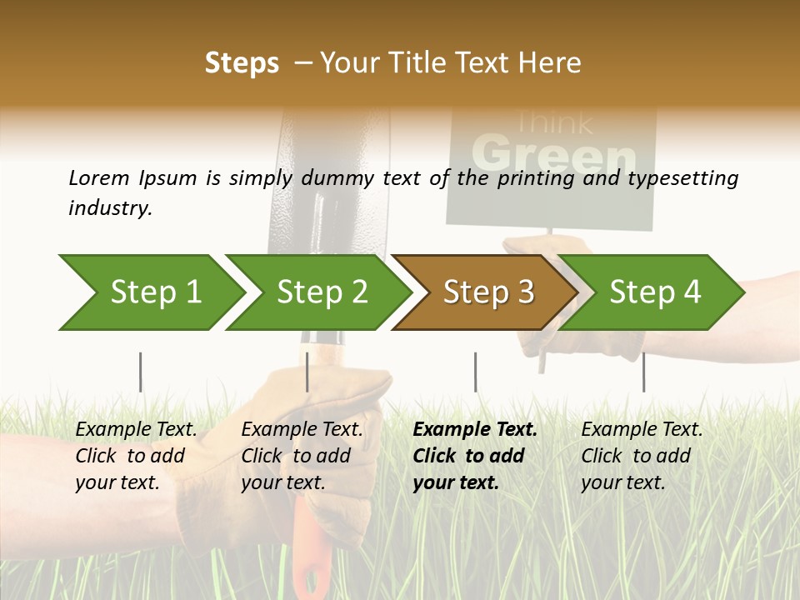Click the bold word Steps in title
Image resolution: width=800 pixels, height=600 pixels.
(x=242, y=63)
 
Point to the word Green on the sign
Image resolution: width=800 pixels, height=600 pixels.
(x=553, y=154)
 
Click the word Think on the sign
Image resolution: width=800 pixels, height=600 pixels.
(x=553, y=123)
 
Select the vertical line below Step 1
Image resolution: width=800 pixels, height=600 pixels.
(x=140, y=372)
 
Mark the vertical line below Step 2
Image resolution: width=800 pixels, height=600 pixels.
(x=307, y=372)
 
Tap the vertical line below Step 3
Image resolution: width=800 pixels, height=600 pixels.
(x=475, y=372)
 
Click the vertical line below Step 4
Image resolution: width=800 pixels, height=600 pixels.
(x=643, y=372)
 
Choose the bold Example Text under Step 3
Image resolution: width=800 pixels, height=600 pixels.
(x=475, y=430)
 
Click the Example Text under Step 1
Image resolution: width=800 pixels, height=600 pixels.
(x=136, y=430)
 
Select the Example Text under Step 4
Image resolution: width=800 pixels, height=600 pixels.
(x=642, y=430)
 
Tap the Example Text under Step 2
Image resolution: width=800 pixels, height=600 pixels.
(x=302, y=430)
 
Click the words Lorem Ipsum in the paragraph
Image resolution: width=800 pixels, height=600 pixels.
(x=132, y=178)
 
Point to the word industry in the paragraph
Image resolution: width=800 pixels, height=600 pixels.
(x=109, y=208)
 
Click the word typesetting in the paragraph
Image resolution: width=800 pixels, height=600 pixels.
(x=676, y=178)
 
